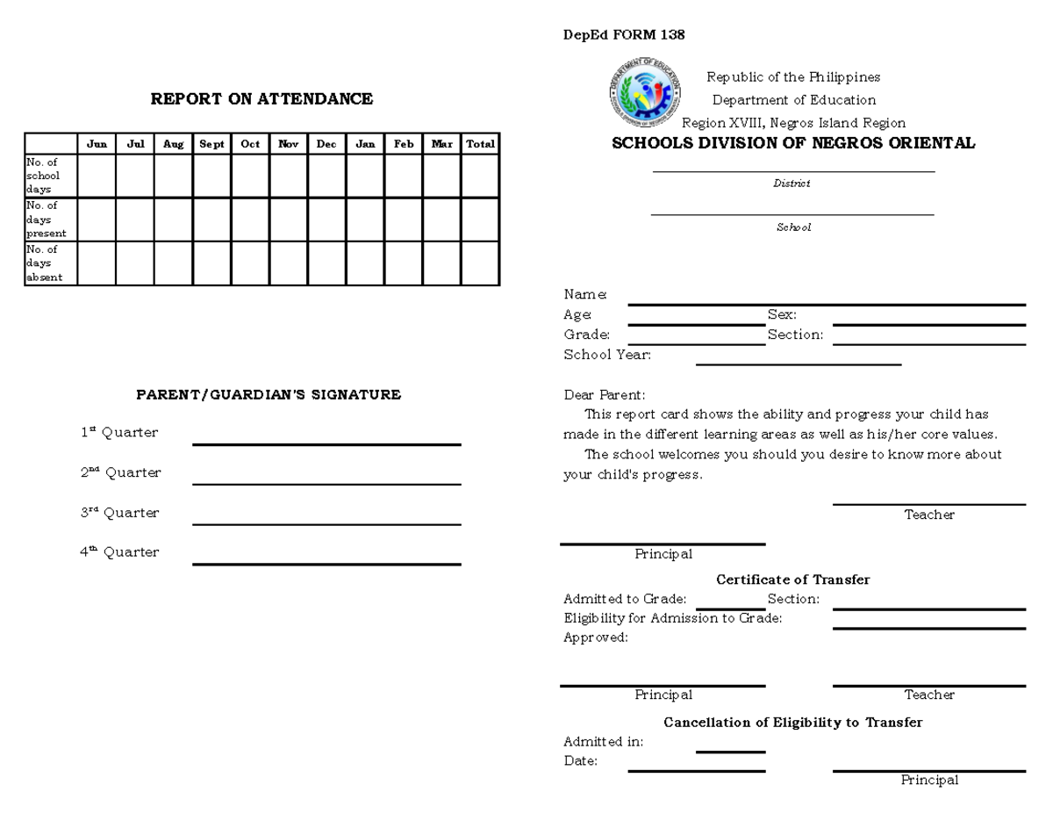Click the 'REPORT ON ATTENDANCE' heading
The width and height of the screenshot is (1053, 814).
click(x=261, y=99)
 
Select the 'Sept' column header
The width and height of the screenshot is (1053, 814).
click(x=211, y=144)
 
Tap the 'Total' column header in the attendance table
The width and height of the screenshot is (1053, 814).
click(x=480, y=144)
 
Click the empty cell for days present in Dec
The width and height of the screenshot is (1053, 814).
click(x=326, y=220)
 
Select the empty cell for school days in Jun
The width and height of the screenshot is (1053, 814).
click(x=97, y=176)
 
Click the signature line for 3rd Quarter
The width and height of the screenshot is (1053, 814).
click(x=326, y=523)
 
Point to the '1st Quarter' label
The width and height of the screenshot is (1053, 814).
click(x=119, y=432)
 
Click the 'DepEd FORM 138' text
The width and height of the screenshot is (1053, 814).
click(x=624, y=35)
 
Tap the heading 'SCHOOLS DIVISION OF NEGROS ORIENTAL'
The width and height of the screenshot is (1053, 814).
click(x=793, y=143)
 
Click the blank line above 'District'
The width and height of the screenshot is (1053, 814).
click(x=793, y=170)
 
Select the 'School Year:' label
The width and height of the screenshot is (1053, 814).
click(x=607, y=355)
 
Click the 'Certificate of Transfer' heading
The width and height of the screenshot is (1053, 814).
click(x=792, y=580)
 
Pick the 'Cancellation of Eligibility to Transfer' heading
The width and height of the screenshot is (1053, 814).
click(x=792, y=723)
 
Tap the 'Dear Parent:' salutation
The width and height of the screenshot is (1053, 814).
click(x=604, y=395)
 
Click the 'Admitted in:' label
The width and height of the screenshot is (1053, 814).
click(x=603, y=742)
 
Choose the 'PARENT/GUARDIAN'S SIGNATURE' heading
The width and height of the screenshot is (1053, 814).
click(x=269, y=394)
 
